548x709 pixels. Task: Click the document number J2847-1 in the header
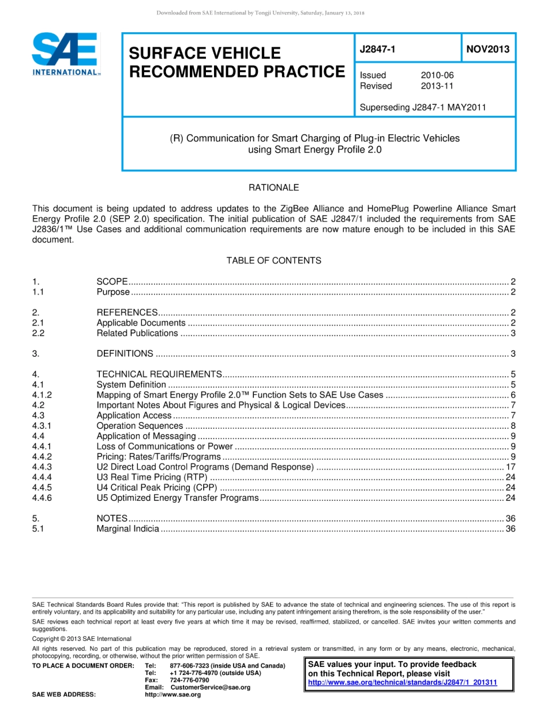tap(377, 49)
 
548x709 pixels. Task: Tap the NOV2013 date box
tap(488, 49)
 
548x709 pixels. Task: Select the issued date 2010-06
tap(437, 75)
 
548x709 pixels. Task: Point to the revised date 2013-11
tap(437, 86)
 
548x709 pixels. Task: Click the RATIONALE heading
tap(273, 187)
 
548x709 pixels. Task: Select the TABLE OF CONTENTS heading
tap(273, 261)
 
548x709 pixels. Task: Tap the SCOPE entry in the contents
tap(112, 281)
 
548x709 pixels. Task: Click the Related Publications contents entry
tap(137, 333)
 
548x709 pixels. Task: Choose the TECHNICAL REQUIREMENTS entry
tap(159, 374)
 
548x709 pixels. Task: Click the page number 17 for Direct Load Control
tap(510, 467)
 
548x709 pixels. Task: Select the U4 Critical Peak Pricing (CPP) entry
tap(156, 488)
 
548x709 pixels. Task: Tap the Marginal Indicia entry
tap(127, 529)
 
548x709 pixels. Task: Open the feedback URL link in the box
tap(403, 683)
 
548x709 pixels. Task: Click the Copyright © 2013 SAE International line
tap(81, 639)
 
